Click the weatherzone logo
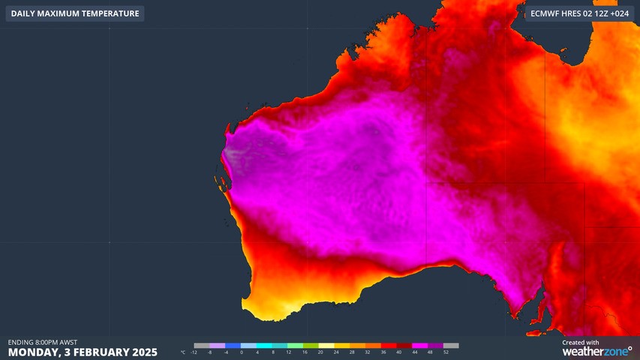[x=596, y=351]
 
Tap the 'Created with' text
[x=581, y=342]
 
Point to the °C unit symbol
[x=184, y=352]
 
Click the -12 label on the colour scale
[x=194, y=352]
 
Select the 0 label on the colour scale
[x=241, y=352]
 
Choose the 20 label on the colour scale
[x=320, y=352]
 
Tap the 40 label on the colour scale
[x=398, y=352]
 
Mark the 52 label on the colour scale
[x=446, y=352]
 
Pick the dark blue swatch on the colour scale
[x=233, y=346]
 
